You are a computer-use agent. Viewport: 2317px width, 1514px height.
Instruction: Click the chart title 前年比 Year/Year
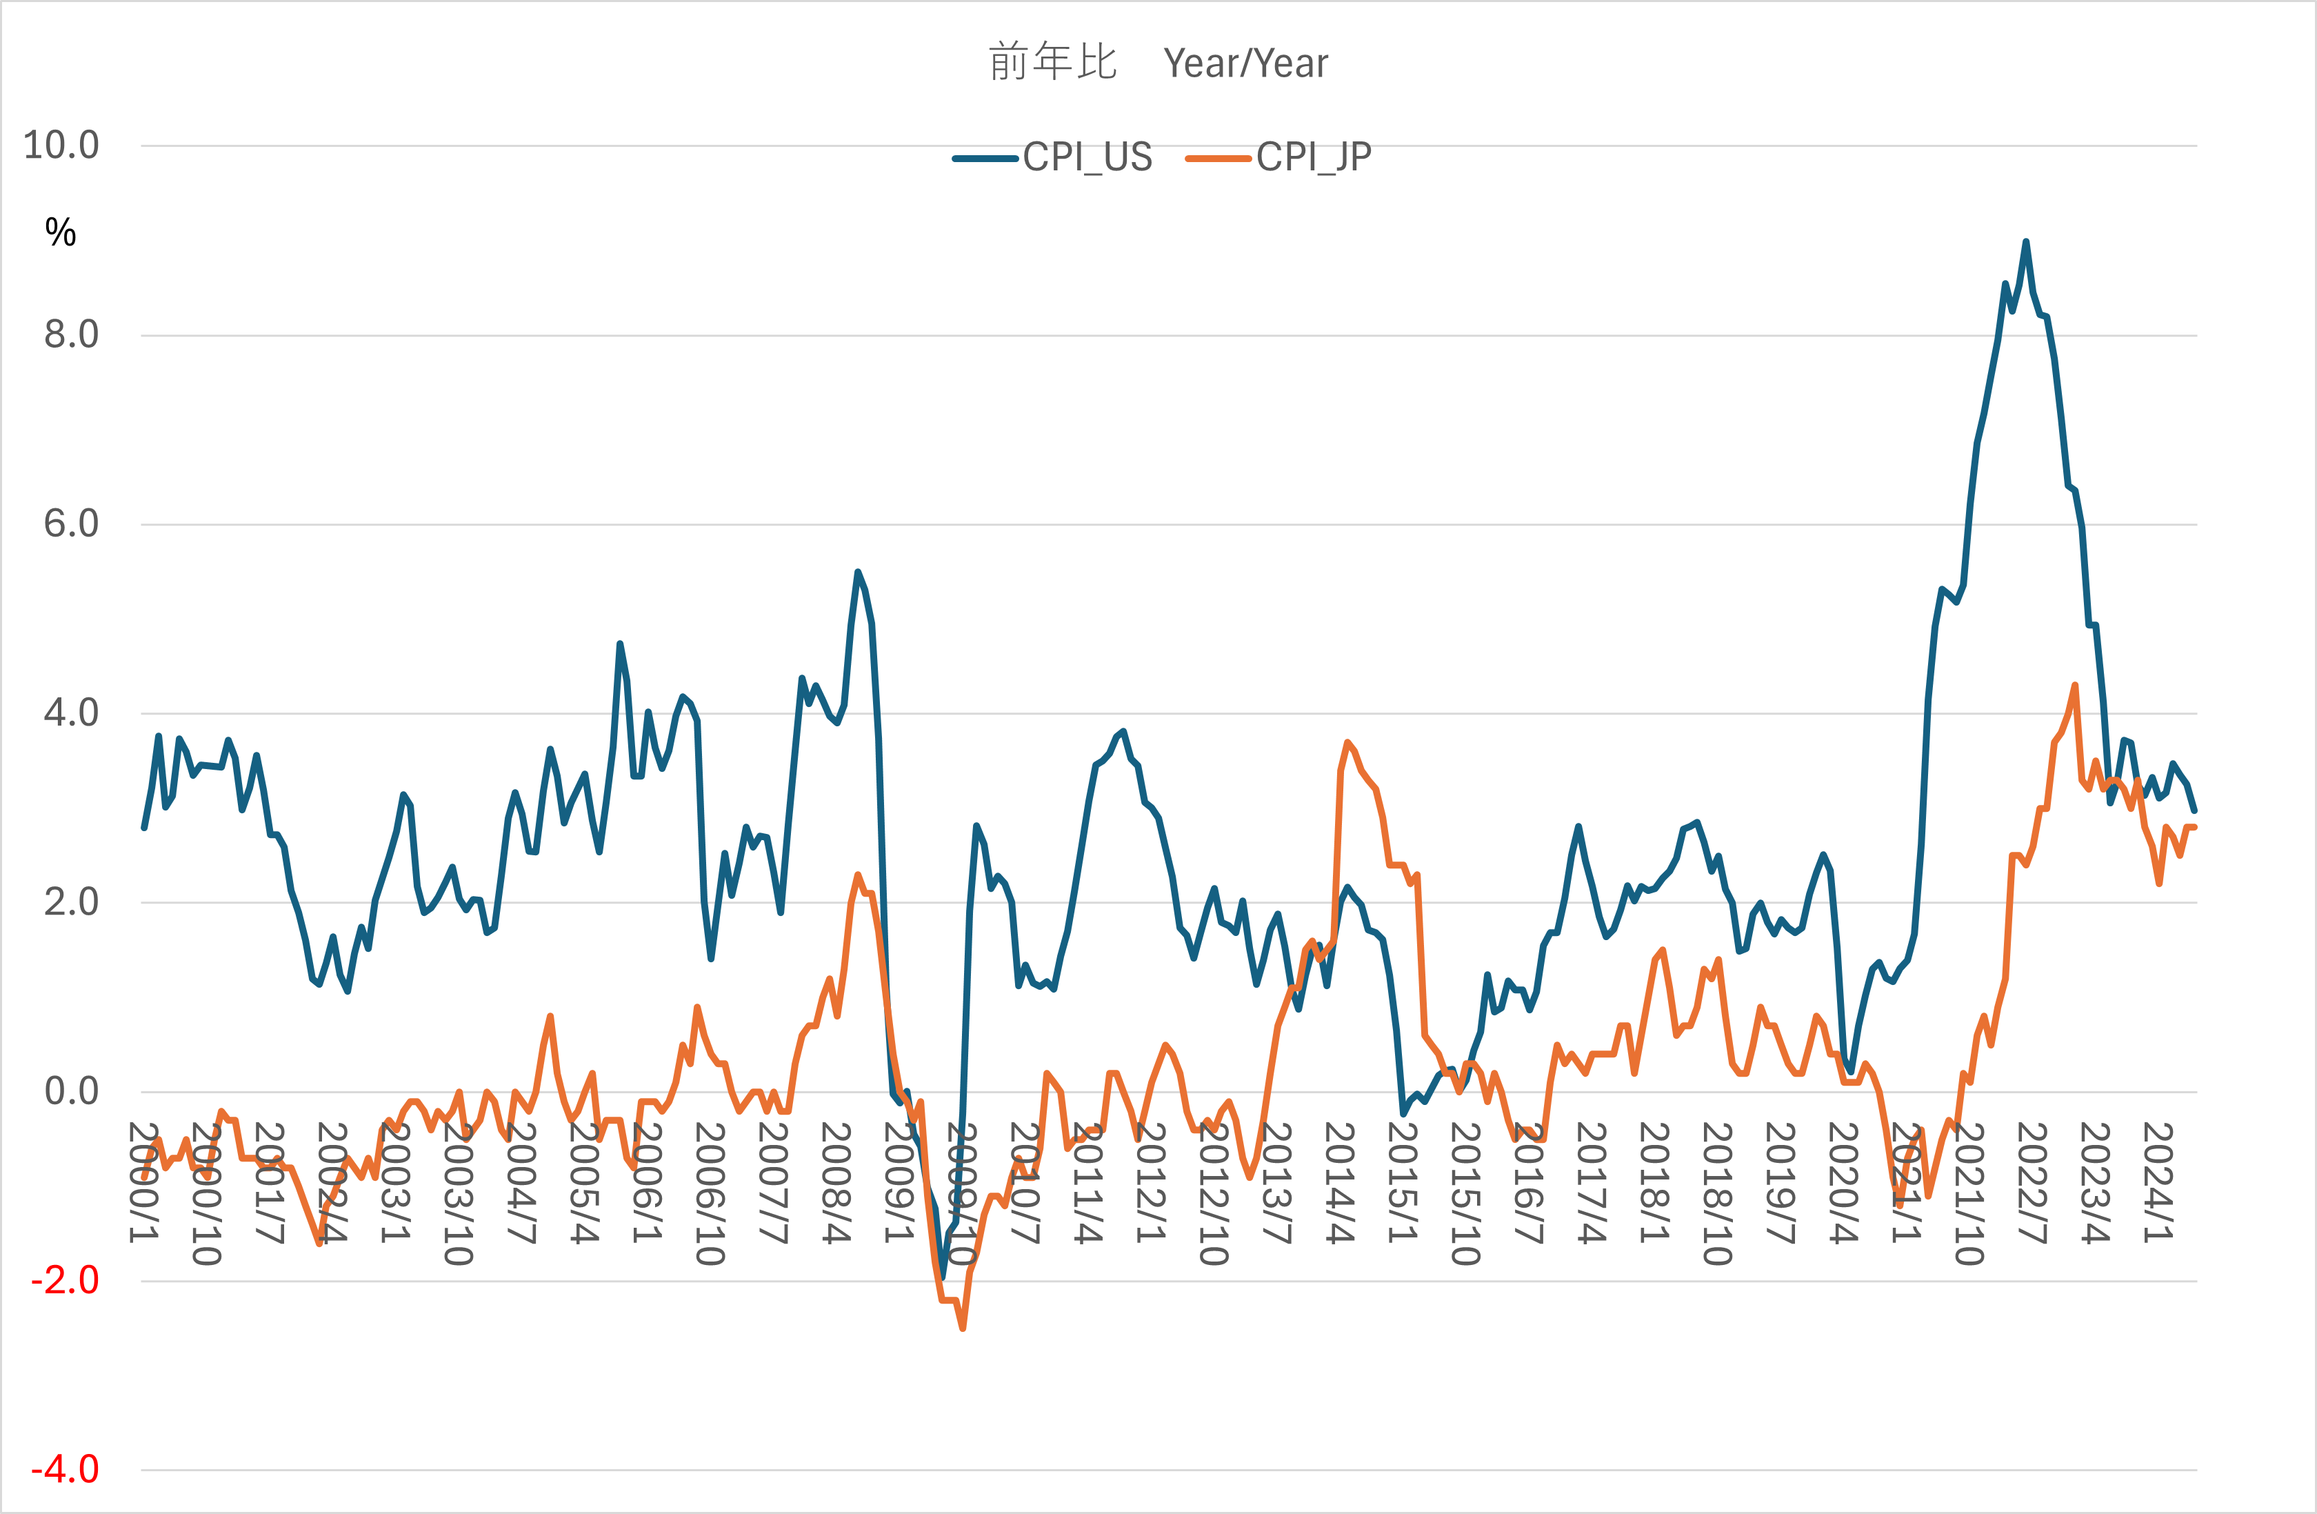click(x=1158, y=62)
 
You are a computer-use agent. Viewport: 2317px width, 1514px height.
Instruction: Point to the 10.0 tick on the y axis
click(x=61, y=145)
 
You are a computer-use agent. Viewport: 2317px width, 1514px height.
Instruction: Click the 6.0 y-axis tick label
click(x=71, y=524)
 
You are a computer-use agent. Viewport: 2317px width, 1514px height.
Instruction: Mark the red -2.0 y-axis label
click(x=66, y=1280)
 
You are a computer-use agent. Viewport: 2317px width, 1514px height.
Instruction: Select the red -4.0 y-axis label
click(x=66, y=1469)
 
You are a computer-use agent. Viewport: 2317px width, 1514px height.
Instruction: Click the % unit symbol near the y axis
click(x=61, y=232)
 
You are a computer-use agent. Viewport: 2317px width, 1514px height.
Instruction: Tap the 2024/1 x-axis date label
click(x=2157, y=1182)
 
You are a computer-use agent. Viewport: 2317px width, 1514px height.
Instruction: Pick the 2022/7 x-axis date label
click(x=2032, y=1182)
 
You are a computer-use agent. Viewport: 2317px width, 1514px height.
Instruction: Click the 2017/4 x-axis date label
click(x=1592, y=1182)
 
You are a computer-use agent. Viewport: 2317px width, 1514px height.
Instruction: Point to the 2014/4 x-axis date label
click(x=1340, y=1182)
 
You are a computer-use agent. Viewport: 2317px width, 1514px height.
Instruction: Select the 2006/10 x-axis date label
click(x=710, y=1193)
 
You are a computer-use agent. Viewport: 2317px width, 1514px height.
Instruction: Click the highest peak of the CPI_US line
click(x=2026, y=241)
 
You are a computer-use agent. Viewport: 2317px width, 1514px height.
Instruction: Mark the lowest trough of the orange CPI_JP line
click(x=963, y=1328)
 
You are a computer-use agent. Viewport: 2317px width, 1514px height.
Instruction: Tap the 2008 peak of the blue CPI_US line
click(x=858, y=572)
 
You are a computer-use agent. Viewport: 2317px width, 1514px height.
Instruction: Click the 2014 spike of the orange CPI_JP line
click(x=1347, y=743)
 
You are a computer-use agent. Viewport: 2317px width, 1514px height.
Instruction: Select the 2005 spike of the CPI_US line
click(x=620, y=644)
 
